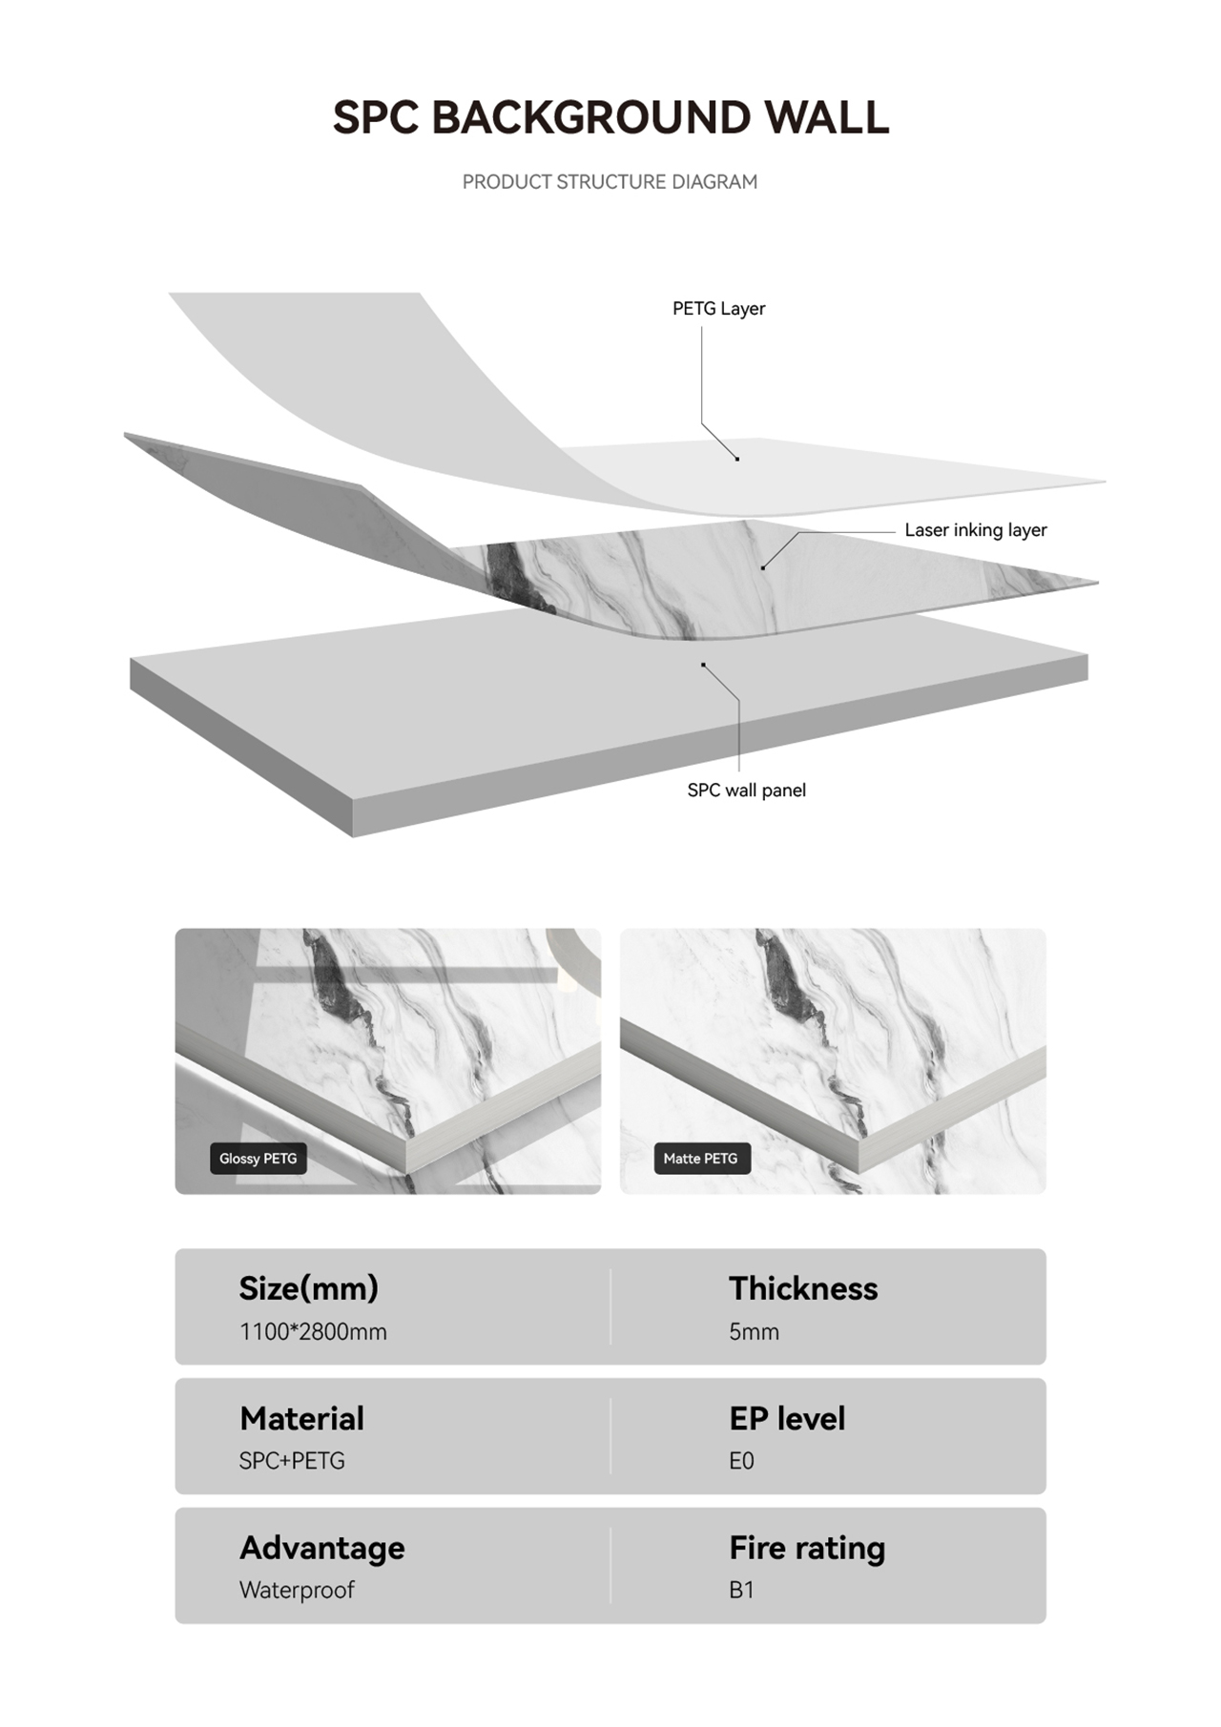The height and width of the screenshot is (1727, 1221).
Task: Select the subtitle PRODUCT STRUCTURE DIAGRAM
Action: [610, 181]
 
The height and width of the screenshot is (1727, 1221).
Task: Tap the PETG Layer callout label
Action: [718, 309]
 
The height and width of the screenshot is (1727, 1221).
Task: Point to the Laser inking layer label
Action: [976, 530]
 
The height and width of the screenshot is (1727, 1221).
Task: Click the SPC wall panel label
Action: [746, 791]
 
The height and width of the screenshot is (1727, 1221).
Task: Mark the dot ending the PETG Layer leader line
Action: [737, 459]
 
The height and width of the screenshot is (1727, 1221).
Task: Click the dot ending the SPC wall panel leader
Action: [703, 665]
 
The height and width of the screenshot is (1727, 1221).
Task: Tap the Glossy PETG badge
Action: [258, 1159]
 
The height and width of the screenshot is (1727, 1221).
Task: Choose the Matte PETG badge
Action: [701, 1159]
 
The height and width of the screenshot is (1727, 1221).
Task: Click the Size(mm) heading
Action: [308, 1288]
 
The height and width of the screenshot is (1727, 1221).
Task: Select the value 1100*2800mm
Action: [313, 1331]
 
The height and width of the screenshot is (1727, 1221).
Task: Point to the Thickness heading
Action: [803, 1288]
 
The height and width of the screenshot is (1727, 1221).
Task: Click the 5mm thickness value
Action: [754, 1331]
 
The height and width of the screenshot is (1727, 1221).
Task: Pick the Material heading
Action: [301, 1418]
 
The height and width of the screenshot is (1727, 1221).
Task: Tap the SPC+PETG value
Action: [292, 1461]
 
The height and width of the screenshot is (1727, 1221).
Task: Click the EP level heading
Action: [787, 1418]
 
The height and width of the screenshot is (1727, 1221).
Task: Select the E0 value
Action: [741, 1461]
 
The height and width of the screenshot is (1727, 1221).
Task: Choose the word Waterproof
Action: [297, 1590]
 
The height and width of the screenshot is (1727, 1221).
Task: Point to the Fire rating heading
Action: [807, 1548]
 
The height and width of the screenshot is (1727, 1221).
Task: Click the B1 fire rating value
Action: [741, 1590]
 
